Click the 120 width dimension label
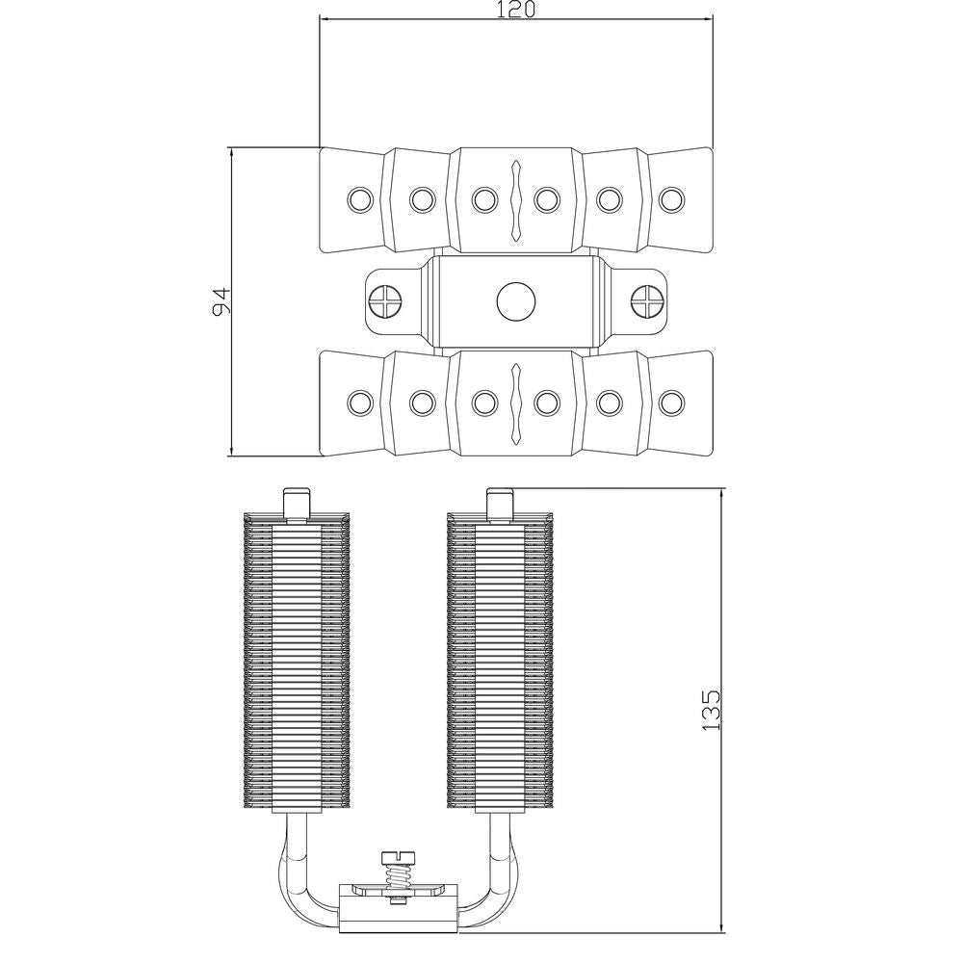515,10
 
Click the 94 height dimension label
221,300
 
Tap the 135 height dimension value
711,711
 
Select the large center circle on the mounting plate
516,301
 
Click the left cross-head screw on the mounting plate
385,301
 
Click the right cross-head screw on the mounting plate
647,301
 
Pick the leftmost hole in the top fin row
360,199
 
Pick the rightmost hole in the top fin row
672,199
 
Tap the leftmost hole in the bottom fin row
360,403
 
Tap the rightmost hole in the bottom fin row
672,403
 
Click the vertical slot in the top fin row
516,199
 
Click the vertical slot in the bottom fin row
516,403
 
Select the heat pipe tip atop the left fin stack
297,504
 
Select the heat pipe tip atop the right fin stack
500,504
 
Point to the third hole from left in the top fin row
484,199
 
